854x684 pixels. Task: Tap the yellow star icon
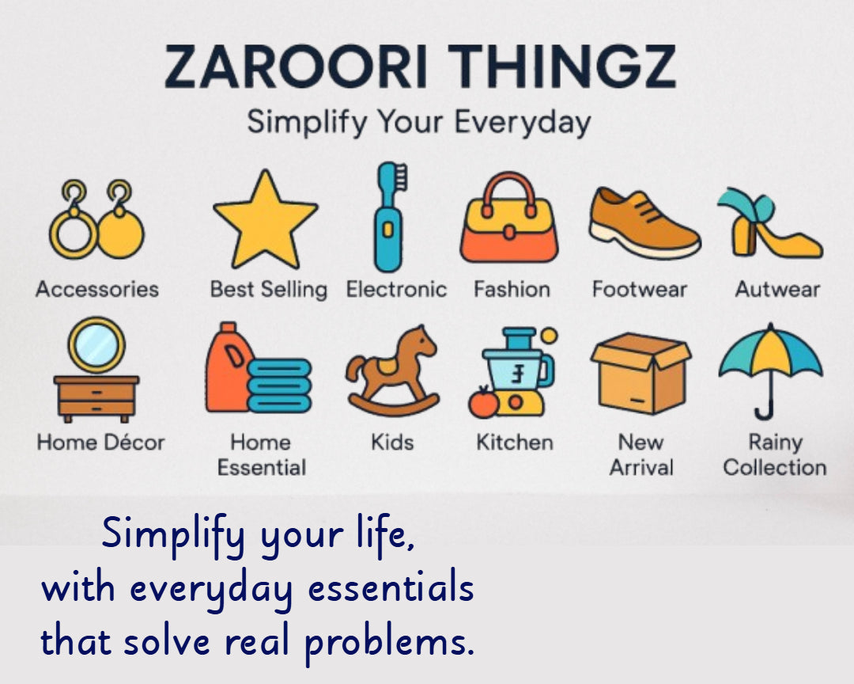point(265,221)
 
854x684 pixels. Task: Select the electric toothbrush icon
point(389,217)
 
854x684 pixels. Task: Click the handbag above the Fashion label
point(509,218)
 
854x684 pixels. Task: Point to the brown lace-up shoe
point(644,222)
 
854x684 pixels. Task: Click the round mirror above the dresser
point(96,345)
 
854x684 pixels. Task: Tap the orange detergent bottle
point(228,367)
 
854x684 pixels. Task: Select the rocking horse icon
point(393,371)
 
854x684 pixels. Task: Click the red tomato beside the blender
point(484,403)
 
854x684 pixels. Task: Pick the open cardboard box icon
point(641,373)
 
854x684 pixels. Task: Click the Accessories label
point(97,289)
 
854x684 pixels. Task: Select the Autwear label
point(777,289)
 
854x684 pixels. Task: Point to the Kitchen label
point(515,443)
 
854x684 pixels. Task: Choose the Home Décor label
point(100,443)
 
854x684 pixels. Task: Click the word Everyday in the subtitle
point(523,122)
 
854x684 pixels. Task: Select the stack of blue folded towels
point(279,386)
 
